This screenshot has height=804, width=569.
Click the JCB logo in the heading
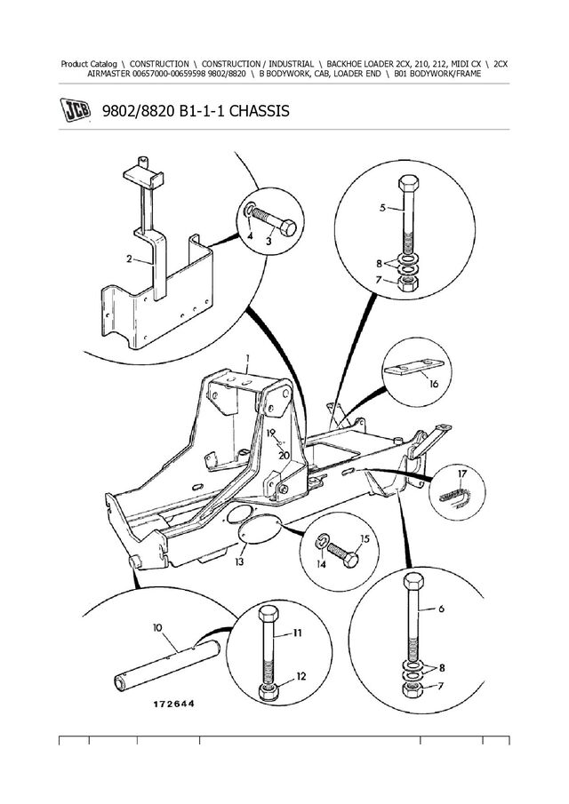(x=75, y=113)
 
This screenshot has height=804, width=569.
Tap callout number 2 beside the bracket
(x=130, y=260)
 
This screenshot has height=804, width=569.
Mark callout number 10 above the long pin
(x=158, y=628)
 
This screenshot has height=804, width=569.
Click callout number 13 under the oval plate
(x=240, y=561)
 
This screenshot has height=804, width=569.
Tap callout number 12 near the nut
(x=301, y=677)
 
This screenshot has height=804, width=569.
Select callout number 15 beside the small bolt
(x=364, y=539)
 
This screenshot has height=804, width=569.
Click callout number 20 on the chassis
(x=284, y=455)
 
